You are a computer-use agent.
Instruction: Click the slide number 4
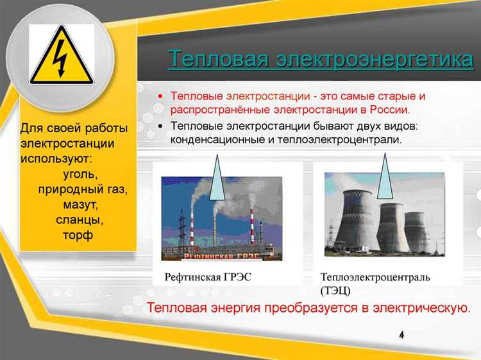pos(401,336)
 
